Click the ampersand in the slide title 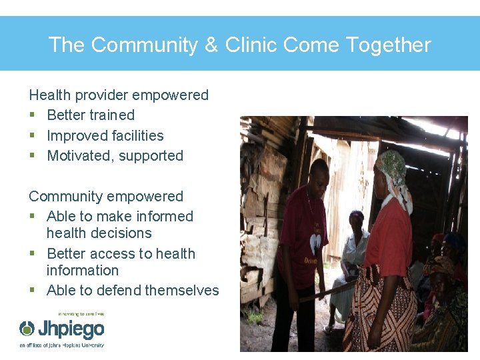click(211, 45)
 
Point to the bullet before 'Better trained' click(32, 116)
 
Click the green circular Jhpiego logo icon click(27, 329)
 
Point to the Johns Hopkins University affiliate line click(61, 345)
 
